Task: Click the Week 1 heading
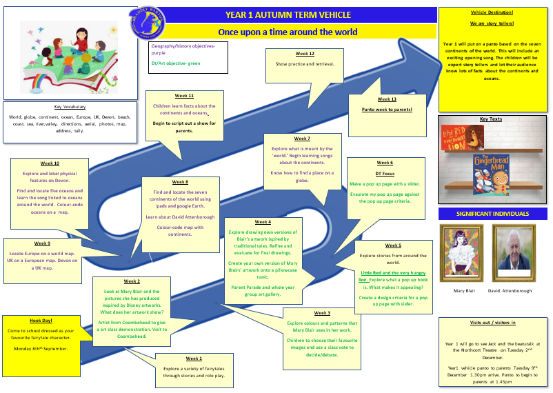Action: tap(194, 359)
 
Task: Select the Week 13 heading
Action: tap(387, 99)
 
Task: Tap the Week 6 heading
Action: tap(385, 163)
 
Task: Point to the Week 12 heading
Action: tap(305, 54)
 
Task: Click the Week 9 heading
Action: tap(42, 243)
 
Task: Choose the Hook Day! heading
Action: tap(40, 321)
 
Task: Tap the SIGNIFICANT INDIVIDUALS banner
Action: tap(492, 214)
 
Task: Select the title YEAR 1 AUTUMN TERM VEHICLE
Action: tap(288, 14)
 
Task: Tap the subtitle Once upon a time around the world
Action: tap(288, 32)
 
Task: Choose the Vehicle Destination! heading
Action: tap(492, 13)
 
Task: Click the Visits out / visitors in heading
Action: tap(492, 323)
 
